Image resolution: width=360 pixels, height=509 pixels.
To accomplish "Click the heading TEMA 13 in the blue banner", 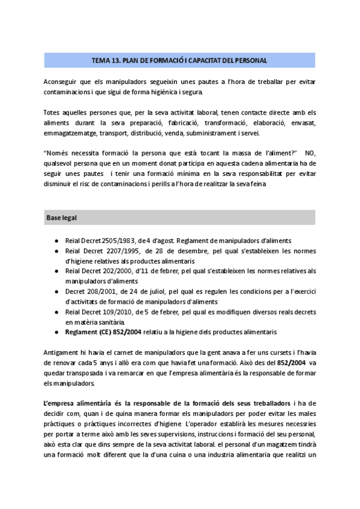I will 179,61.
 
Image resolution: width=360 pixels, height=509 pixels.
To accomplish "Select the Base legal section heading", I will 61,217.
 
